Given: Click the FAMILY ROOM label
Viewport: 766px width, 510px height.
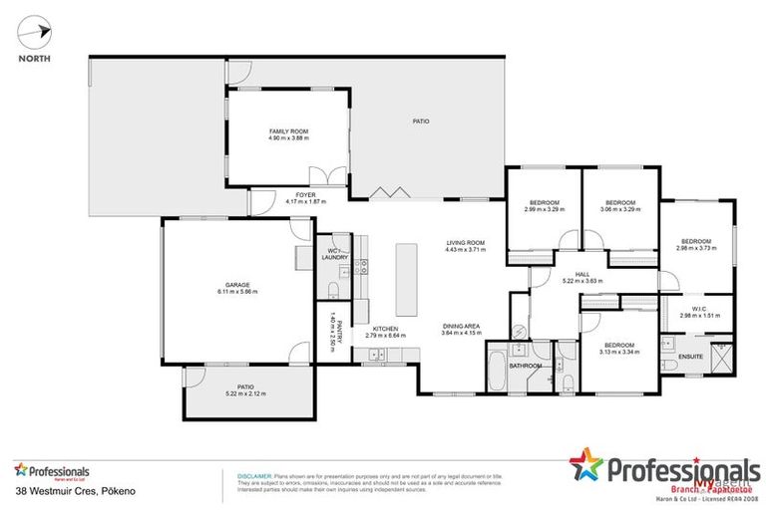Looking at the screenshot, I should point(288,131).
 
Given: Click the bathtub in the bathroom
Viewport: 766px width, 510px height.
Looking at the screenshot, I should point(498,365).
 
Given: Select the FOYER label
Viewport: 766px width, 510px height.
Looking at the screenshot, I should point(306,195).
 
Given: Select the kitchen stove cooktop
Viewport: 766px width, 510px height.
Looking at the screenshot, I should point(362,266).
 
